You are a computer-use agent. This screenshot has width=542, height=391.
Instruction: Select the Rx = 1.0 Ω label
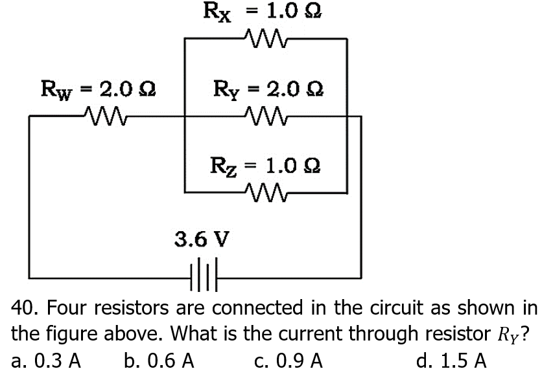coord(263,12)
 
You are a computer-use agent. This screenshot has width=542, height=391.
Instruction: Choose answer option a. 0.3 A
coord(46,360)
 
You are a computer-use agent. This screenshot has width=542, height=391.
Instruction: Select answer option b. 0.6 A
coord(159,360)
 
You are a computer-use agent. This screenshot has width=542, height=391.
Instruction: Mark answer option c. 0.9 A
coord(289,360)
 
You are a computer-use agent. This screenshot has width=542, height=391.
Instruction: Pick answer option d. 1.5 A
coord(453,360)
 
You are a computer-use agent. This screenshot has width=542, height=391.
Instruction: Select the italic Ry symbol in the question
coord(509,334)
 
